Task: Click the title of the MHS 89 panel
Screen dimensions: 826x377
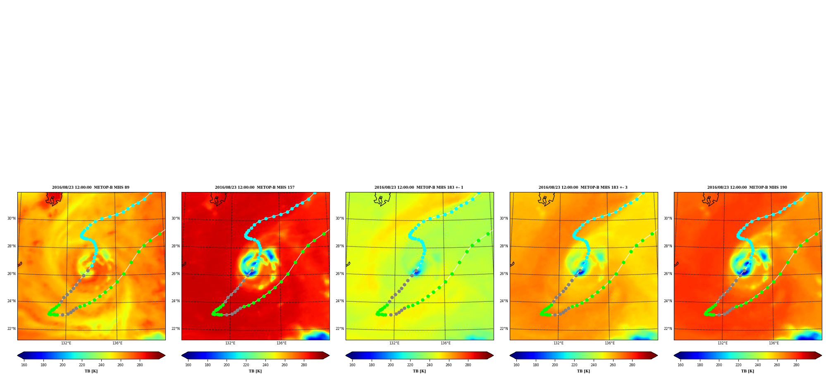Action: (91, 187)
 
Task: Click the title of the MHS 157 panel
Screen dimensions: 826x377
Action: (255, 187)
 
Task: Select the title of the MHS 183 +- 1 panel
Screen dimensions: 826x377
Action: (419, 187)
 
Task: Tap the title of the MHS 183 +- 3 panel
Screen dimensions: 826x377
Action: (583, 187)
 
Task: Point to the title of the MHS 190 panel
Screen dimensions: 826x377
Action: (747, 187)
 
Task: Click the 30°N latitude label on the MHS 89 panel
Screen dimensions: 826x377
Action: (11, 219)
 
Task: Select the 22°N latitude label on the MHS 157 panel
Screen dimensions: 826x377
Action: (175, 329)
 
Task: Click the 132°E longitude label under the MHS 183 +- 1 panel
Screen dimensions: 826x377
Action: (394, 343)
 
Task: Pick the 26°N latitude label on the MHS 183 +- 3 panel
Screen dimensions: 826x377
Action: (504, 274)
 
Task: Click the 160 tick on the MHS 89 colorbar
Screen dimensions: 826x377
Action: (24, 365)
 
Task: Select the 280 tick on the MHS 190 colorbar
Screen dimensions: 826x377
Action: (796, 365)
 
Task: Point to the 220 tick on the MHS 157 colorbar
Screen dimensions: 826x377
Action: (246, 365)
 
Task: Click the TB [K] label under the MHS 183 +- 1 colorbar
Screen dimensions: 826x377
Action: (419, 371)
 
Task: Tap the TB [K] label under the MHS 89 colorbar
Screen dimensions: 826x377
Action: (91, 371)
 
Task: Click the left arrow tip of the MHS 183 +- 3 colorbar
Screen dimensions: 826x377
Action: (510, 356)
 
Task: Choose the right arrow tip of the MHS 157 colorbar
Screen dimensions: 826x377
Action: (329, 356)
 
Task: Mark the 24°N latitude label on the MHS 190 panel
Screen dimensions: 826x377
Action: (668, 301)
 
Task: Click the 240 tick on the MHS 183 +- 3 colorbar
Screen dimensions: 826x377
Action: (594, 365)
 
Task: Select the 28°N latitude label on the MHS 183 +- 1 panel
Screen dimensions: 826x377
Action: (339, 247)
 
